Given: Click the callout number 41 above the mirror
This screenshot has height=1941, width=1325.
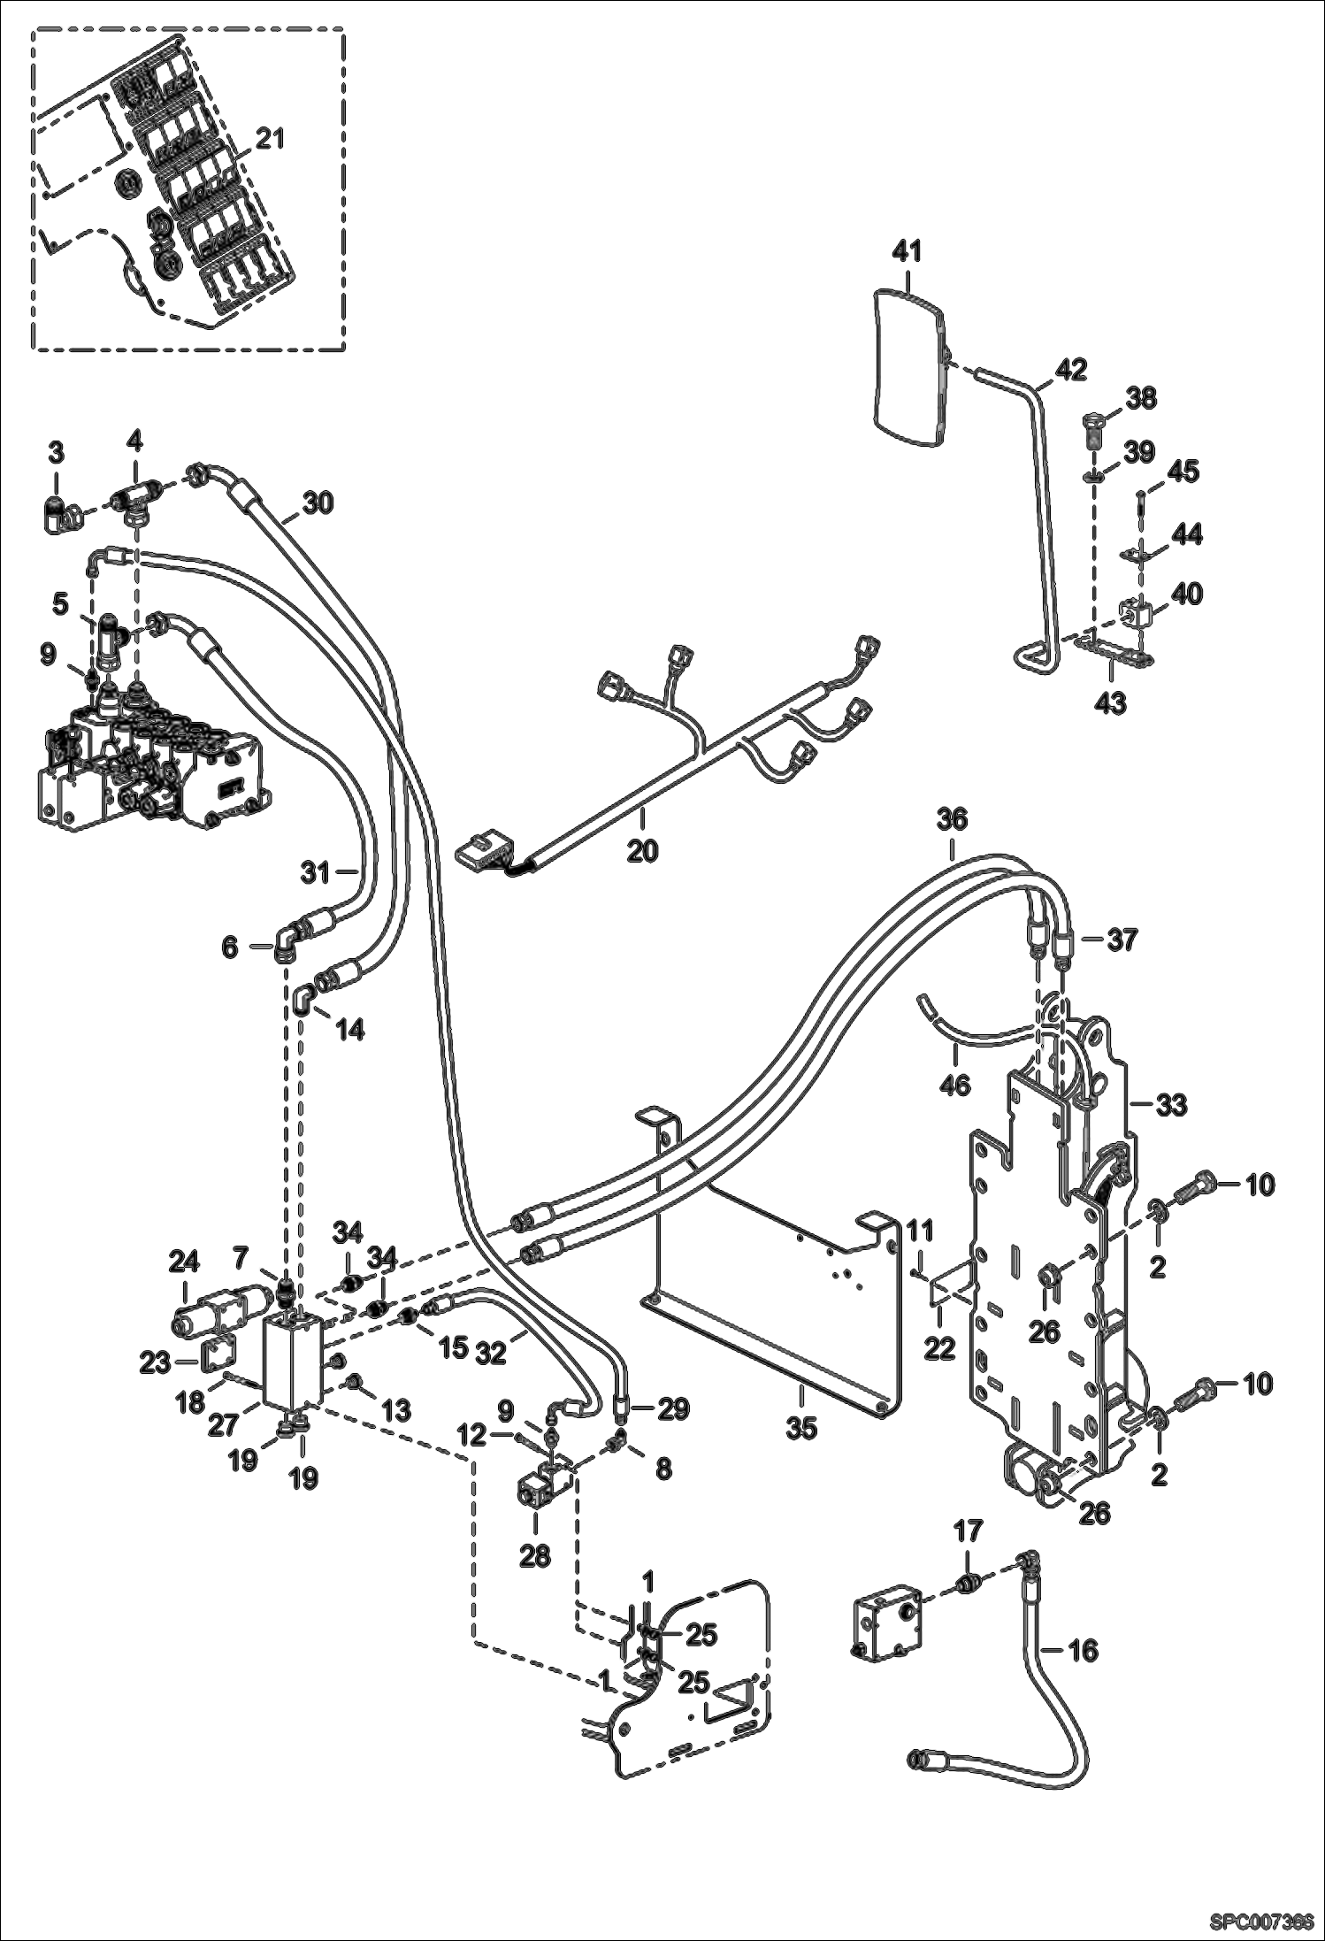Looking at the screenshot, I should coord(907,251).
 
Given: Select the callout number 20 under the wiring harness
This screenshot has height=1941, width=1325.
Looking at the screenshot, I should coord(643,851).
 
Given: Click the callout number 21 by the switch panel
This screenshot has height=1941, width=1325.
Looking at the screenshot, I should coord(270,139).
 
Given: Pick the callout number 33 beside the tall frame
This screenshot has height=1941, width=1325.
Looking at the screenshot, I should coord(1173,1104).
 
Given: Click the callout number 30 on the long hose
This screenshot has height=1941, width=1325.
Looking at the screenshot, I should coord(318,503).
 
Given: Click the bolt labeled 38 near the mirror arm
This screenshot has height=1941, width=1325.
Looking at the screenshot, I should coord(1095,426).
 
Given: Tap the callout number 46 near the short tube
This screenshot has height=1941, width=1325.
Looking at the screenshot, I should coord(954,1084).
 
